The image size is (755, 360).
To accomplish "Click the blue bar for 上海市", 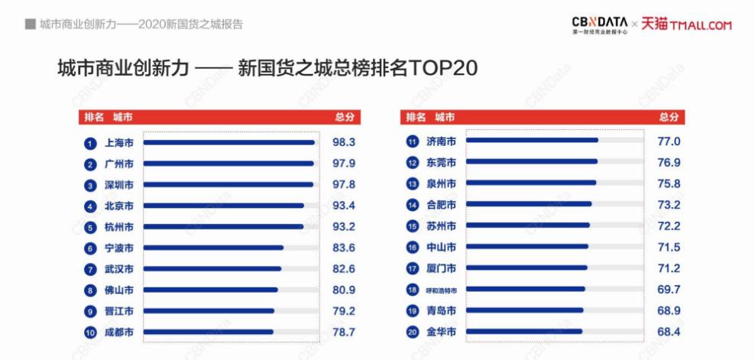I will coord(229,142).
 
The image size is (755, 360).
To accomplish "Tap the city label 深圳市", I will coord(119,185).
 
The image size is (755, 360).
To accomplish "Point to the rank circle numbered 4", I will coord(89,206).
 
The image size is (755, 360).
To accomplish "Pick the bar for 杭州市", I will coord(224,227).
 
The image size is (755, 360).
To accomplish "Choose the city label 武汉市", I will coord(119,269).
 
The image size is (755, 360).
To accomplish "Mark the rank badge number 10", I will coord(89,332).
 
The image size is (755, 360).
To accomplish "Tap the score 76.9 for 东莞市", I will coord(669,162).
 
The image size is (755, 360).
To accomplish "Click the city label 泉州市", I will coord(441,183).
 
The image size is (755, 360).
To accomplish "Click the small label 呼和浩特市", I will coord(441,290).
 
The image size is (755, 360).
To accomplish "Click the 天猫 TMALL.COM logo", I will coord(686,25).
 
